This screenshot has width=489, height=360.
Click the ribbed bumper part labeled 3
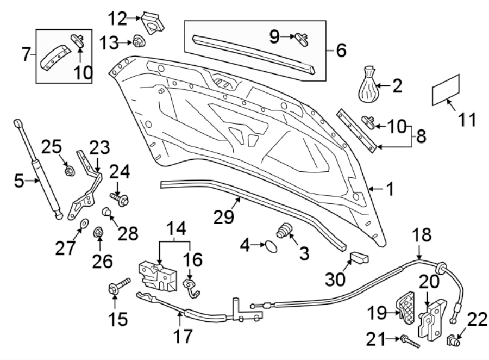tap(283, 231)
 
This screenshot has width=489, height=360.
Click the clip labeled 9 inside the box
tap(303, 37)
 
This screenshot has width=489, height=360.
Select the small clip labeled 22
tap(452, 341)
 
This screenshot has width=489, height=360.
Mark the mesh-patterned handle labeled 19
tap(405, 307)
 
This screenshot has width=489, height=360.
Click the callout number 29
tap(224, 218)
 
